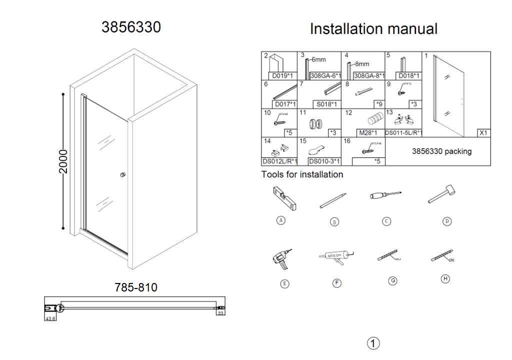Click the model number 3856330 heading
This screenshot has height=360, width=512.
click(131, 27)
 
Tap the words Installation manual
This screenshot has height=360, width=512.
click(373, 28)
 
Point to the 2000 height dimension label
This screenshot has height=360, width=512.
click(63, 161)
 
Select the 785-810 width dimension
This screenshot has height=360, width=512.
click(136, 287)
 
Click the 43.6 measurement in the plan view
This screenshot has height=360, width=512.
click(50, 318)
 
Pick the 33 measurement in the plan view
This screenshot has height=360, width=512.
click(221, 313)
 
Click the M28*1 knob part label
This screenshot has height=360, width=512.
click(367, 133)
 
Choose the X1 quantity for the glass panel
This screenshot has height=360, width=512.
click(483, 133)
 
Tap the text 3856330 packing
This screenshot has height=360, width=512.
click(441, 151)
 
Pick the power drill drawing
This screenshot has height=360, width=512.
click(282, 258)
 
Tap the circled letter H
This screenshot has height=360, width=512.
click(445, 278)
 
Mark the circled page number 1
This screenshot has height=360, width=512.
click(373, 343)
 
